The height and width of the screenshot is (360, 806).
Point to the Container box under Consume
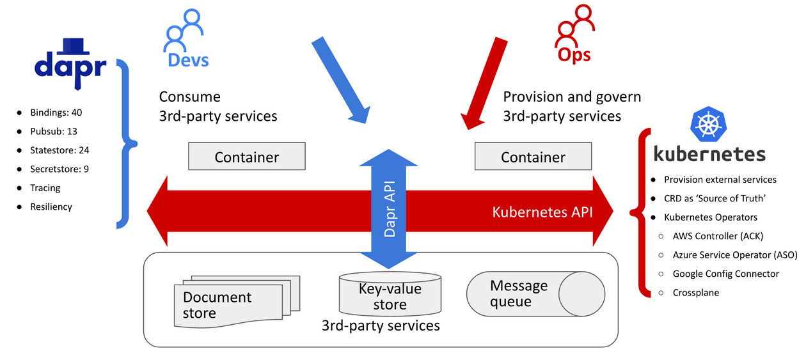(246, 157)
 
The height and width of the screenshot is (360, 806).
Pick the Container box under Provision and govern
(533, 157)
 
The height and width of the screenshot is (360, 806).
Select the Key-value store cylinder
(390, 295)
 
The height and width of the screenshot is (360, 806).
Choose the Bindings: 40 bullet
(56, 113)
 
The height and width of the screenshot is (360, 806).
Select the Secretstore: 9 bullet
(59, 169)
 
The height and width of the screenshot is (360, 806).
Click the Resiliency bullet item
(51, 207)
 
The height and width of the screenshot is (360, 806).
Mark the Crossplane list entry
(696, 292)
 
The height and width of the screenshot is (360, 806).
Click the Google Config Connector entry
(725, 274)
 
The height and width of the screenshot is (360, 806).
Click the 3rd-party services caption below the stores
(381, 325)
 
